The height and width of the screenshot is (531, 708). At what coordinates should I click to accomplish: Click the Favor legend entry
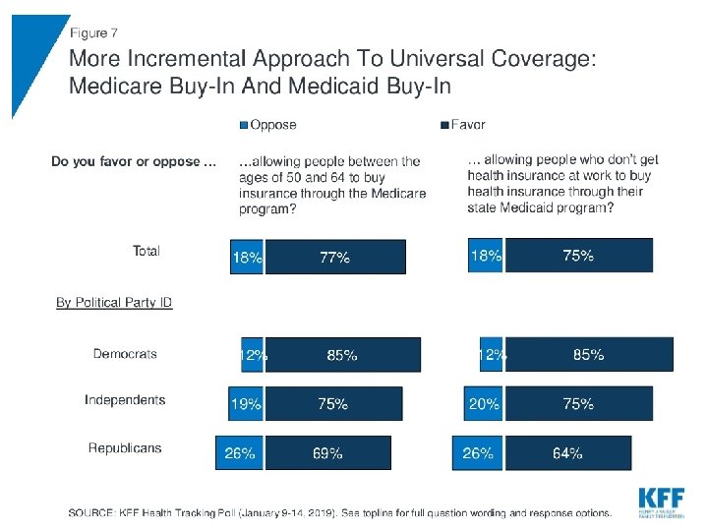click(463, 125)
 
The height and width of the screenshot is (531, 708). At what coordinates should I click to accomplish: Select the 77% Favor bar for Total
click(335, 257)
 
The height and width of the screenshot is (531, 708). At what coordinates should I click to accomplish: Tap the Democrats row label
click(125, 354)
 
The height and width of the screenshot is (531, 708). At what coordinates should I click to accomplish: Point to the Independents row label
click(125, 400)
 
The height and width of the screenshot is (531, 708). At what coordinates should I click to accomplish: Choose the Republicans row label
click(125, 448)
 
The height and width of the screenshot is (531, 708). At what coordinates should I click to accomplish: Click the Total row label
click(146, 251)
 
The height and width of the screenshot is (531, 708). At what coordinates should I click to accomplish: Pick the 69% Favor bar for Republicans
click(327, 453)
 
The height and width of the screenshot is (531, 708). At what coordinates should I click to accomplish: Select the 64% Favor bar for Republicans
click(566, 453)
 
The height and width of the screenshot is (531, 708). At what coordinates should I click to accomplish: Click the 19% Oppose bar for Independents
click(247, 403)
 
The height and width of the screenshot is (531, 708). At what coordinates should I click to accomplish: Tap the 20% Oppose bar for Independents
click(483, 403)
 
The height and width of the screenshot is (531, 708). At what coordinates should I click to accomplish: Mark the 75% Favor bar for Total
click(577, 256)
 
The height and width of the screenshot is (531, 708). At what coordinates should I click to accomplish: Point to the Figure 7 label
click(93, 33)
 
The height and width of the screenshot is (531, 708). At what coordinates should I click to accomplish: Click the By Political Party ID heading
click(114, 302)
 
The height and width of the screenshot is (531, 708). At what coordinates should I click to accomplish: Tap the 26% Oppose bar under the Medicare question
click(240, 453)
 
